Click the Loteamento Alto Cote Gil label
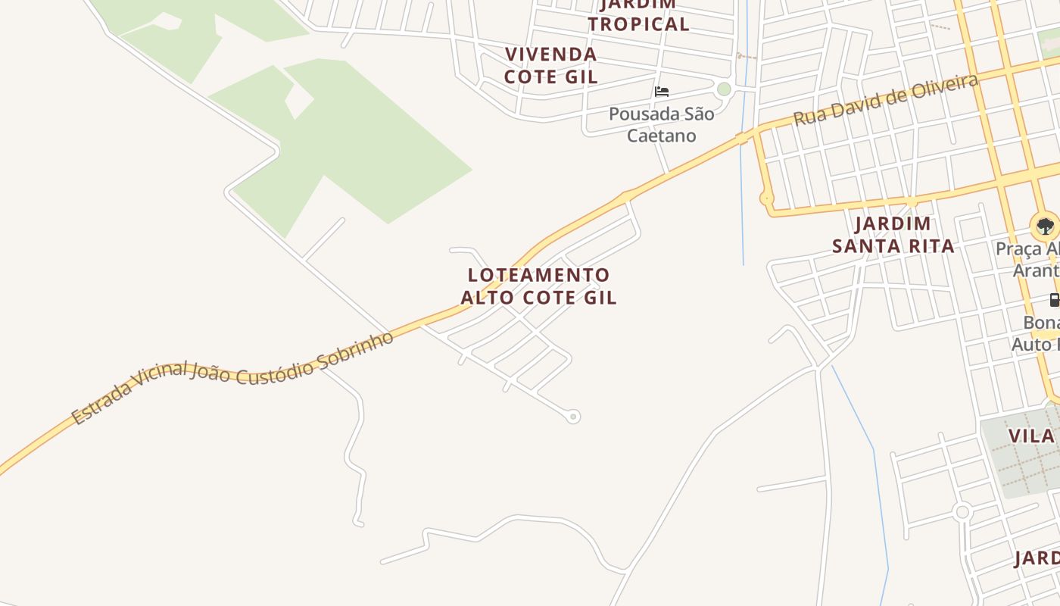[x=538, y=286]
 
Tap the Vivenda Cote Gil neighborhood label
[x=550, y=65]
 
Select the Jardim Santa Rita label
[x=893, y=235]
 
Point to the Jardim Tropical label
[x=638, y=15]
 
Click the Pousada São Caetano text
[x=662, y=125]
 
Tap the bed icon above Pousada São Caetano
[x=662, y=92]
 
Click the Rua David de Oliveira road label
[x=886, y=99]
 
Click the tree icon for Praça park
[x=1045, y=226]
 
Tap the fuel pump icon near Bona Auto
[x=1054, y=300]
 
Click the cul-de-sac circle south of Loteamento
[x=573, y=416]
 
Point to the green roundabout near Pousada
[x=725, y=89]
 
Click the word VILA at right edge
[x=1031, y=436]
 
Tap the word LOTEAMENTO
[x=538, y=274]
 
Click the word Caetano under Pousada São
[x=662, y=136]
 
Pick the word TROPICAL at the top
[x=638, y=24]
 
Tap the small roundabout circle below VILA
[x=962, y=512]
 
